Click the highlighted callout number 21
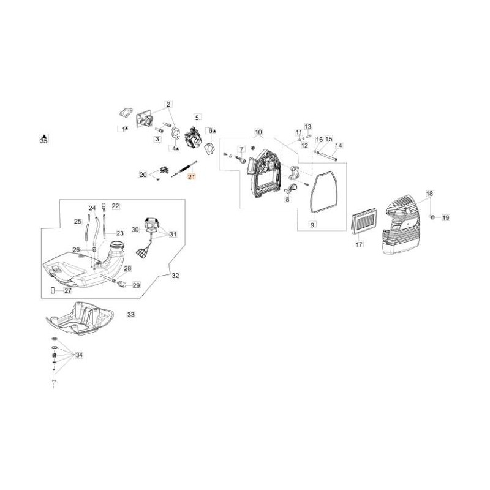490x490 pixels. pos(191,177)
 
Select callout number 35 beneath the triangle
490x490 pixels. pos(43,141)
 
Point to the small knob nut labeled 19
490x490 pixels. pos(433,217)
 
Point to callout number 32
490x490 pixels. pos(175,276)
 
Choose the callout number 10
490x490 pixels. pos(258,132)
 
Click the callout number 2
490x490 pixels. pos(168,104)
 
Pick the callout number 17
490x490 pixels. pos(360,244)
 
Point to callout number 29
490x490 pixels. pos(136,285)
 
